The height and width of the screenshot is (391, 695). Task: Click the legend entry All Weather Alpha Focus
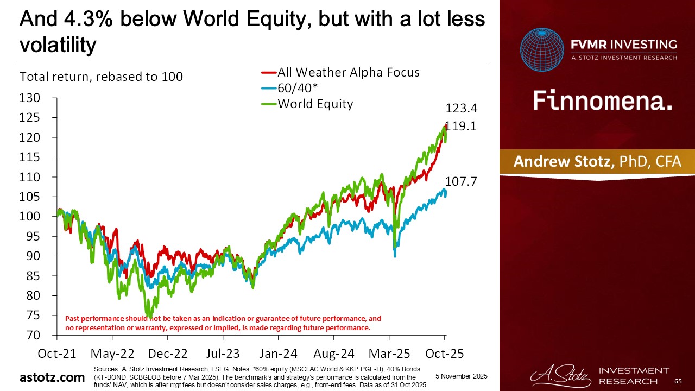348,72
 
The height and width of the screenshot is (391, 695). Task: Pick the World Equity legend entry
315,104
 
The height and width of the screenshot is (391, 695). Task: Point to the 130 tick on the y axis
30,98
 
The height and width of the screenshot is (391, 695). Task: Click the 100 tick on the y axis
30,217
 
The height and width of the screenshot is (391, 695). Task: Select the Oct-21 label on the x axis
56,354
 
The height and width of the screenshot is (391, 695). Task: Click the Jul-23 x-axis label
223,354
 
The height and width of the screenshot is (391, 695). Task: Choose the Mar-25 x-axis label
389,354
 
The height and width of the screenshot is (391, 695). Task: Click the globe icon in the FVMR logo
542,50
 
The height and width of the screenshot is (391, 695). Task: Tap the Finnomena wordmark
603,100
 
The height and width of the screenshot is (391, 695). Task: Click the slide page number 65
678,382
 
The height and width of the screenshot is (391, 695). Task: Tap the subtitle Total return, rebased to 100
101,77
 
